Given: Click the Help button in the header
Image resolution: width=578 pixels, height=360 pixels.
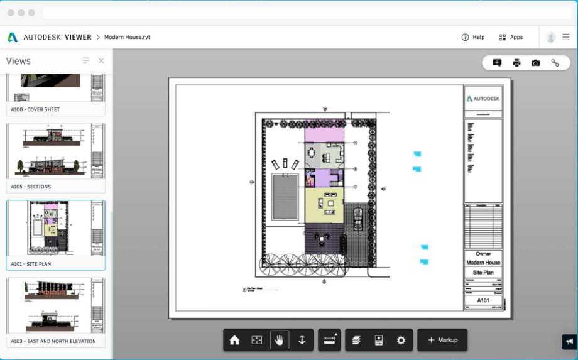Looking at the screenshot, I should click(x=473, y=37).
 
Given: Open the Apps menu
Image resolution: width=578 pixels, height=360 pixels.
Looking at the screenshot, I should click(x=511, y=37).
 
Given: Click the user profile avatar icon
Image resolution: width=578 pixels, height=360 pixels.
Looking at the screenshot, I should click(x=551, y=37).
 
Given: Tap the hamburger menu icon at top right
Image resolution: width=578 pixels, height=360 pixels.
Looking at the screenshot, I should click(x=566, y=37).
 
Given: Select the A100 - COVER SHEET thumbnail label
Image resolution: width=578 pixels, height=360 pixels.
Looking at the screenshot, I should click(x=35, y=109).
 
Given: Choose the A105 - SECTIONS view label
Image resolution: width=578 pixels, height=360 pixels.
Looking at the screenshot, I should click(x=31, y=187).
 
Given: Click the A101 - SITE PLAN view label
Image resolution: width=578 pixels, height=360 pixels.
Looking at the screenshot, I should click(x=31, y=264).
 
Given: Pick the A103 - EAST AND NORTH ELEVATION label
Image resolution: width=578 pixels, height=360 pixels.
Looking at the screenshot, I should click(x=53, y=341).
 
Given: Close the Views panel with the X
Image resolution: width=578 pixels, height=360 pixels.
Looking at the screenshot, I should click(x=101, y=61).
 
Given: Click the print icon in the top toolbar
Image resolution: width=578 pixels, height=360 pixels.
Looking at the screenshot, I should click(x=516, y=63).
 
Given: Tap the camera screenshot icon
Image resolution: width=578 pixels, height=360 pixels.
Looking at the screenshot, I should click(x=535, y=63).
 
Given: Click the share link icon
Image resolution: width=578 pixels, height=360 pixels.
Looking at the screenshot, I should click(x=555, y=63).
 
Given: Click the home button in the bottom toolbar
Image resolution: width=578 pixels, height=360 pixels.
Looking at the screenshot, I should click(x=234, y=340).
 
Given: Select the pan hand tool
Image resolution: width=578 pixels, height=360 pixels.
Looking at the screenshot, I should click(x=280, y=340).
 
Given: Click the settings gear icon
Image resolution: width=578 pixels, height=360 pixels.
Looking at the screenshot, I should click(x=401, y=340).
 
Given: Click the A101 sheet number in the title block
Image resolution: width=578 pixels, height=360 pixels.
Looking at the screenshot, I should click(x=483, y=300).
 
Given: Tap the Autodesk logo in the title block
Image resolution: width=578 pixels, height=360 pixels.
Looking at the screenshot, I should click(x=483, y=99).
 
